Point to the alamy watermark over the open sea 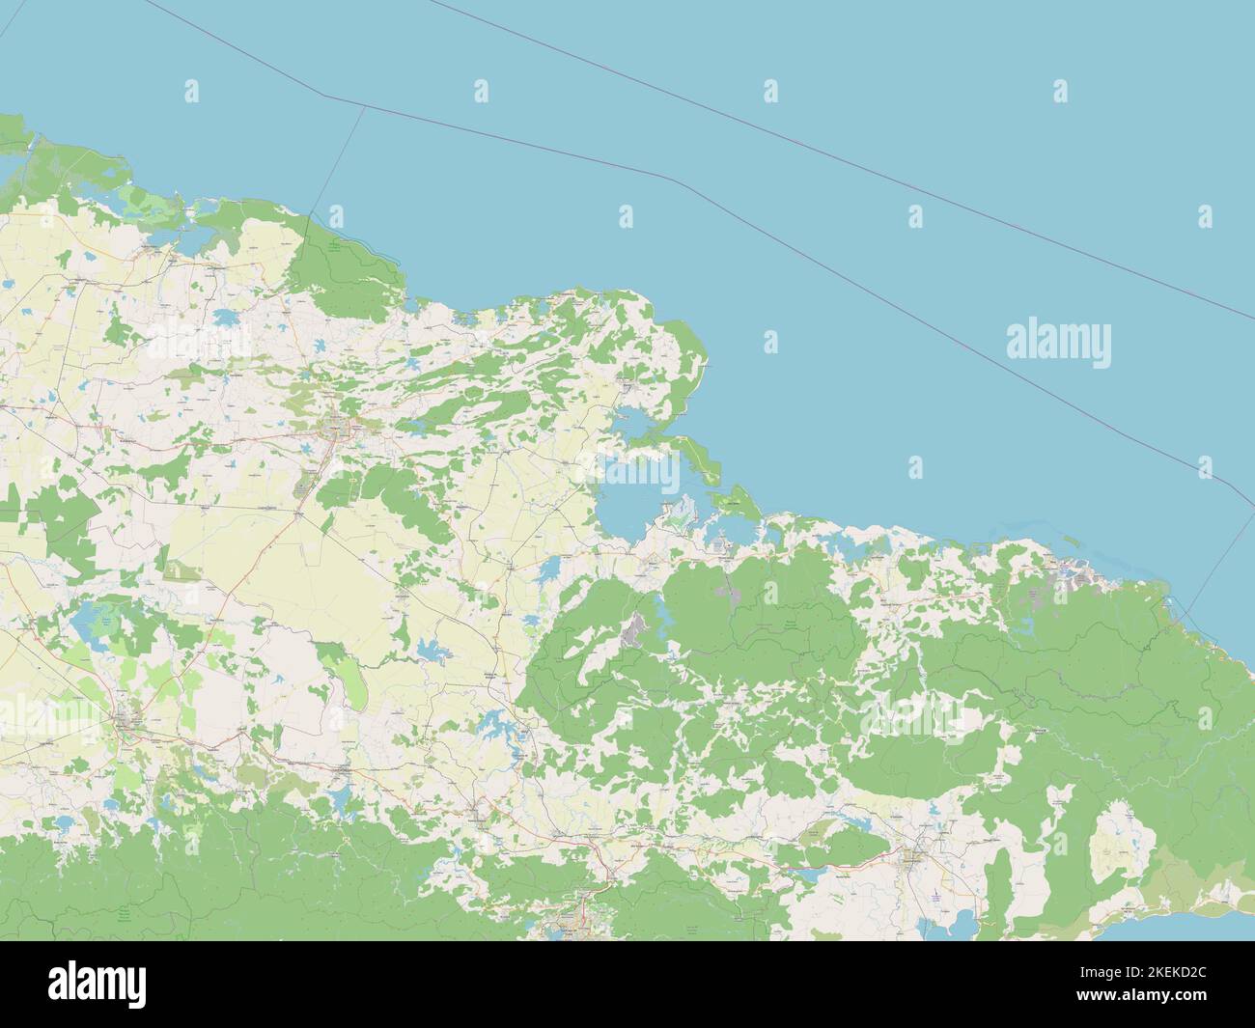click(x=1058, y=342)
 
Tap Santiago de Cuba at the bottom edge click(x=570, y=930)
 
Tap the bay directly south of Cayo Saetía click(x=731, y=527)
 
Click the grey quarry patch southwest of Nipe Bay click(x=634, y=632)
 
